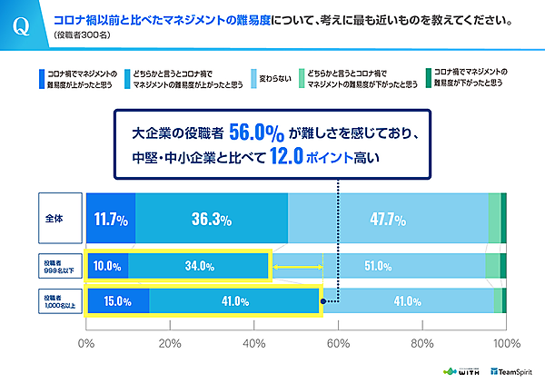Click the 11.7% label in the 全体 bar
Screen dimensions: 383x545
[x=110, y=220]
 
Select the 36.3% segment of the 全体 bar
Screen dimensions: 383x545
[x=211, y=220]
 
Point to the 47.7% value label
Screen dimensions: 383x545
[x=389, y=220]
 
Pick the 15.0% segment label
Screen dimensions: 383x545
[x=117, y=301]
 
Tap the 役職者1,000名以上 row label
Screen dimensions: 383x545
[x=60, y=301]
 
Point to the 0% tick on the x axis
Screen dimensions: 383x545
[x=86, y=344]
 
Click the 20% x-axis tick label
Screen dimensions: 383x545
[x=170, y=344]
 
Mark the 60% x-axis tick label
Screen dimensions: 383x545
[x=338, y=344]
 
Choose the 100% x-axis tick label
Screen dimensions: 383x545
[x=503, y=344]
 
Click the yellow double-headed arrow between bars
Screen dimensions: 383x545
[x=297, y=266]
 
